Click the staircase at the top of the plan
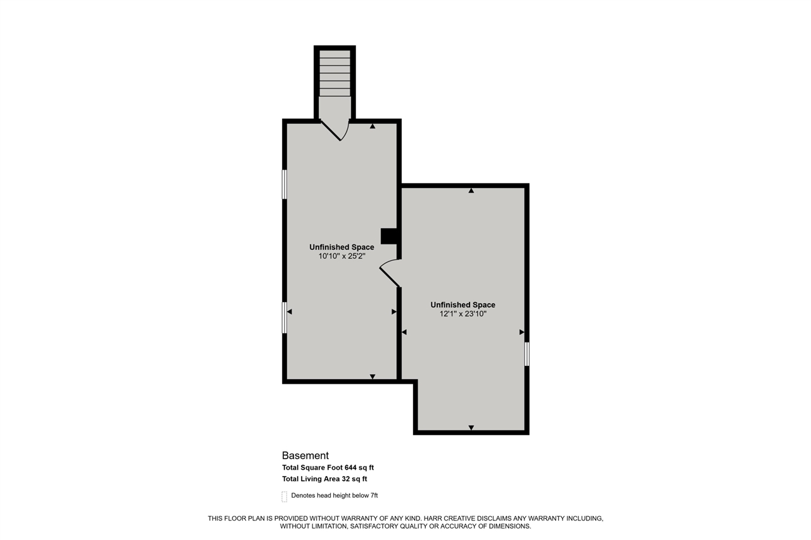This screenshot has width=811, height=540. [335, 73]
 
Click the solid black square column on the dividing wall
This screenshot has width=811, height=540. [388, 236]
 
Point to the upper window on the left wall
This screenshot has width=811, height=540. [284, 184]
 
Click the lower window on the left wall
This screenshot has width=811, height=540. [284, 318]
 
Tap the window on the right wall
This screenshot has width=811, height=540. [527, 354]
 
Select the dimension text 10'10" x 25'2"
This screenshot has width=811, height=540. [342, 256]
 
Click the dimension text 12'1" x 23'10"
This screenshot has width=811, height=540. [463, 313]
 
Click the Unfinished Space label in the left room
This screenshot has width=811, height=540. [342, 247]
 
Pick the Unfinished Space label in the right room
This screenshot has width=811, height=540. [463, 305]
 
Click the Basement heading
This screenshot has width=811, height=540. [305, 455]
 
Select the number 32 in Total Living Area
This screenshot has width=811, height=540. [348, 479]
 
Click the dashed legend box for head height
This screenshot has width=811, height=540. [284, 496]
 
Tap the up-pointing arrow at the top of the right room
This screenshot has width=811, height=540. [471, 191]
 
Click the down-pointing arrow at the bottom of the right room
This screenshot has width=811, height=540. [471, 427]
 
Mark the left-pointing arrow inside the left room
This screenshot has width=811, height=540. [290, 312]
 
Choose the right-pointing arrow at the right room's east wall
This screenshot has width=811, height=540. [521, 332]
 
